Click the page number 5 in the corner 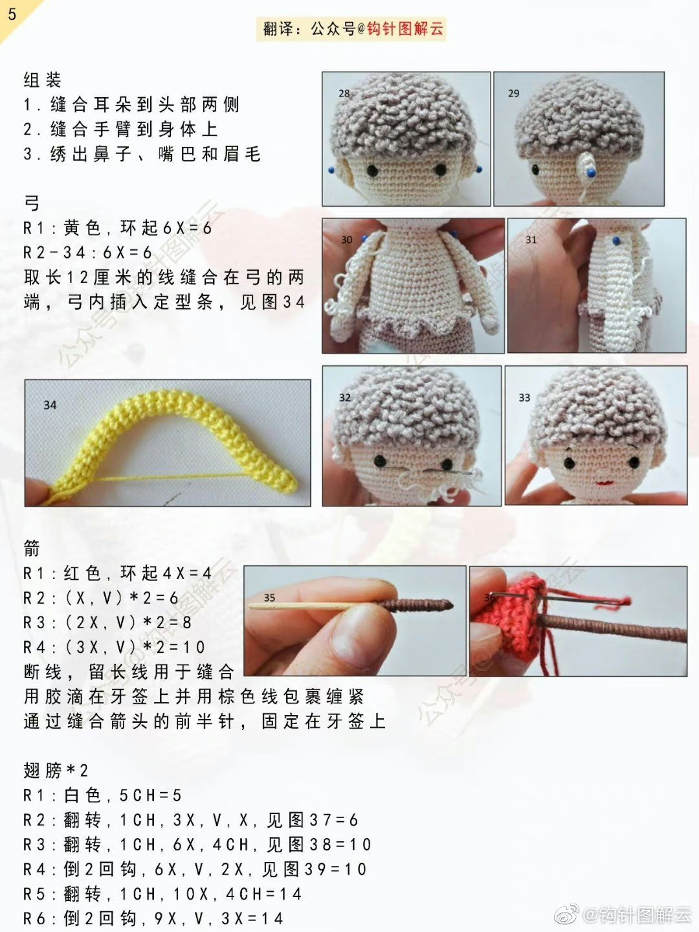click(12, 14)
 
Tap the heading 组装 click(43, 80)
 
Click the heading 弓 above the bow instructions click(32, 203)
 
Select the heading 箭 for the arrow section click(32, 549)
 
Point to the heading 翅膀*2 click(56, 771)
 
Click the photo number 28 click(344, 93)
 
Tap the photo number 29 click(513, 93)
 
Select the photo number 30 click(347, 240)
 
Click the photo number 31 click(531, 240)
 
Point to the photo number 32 click(345, 397)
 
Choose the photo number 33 click(524, 397)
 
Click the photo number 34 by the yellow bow click(50, 405)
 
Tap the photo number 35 click(269, 597)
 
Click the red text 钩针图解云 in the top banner click(405, 29)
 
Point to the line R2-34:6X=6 click(87, 253)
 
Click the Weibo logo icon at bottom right click(570, 915)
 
